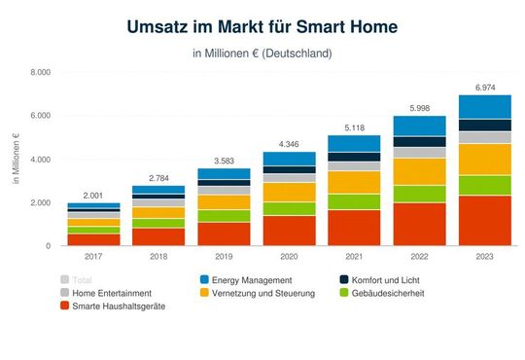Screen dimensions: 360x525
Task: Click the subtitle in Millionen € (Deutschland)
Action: point(262,53)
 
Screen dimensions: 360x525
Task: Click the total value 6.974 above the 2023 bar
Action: point(484,88)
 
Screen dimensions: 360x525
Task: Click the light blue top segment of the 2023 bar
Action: point(484,107)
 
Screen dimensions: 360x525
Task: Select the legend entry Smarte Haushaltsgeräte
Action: point(117,306)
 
